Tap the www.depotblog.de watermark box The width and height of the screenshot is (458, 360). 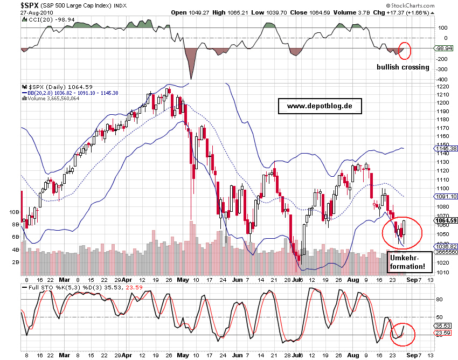point(320,106)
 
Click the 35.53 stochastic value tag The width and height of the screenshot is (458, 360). point(445,326)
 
